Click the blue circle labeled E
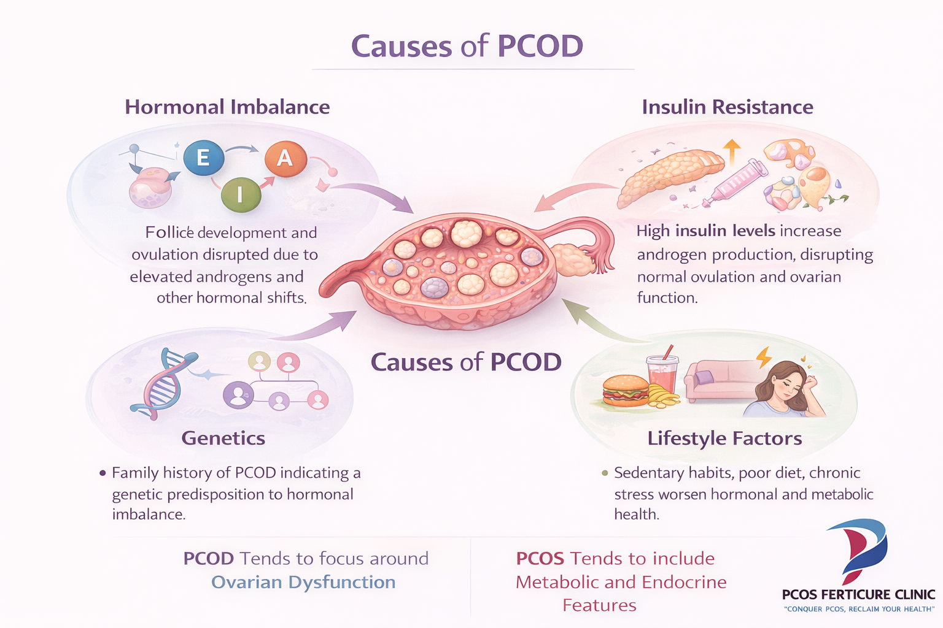(203, 158)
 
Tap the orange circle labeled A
(285, 158)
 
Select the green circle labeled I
(241, 194)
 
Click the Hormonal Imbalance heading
(227, 107)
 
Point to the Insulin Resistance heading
(728, 107)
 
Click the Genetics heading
(223, 438)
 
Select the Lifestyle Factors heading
(724, 438)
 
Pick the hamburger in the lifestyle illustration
(626, 390)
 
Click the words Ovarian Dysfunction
(303, 582)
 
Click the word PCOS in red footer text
(540, 558)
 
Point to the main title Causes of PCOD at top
(467, 47)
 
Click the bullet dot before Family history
(103, 473)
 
